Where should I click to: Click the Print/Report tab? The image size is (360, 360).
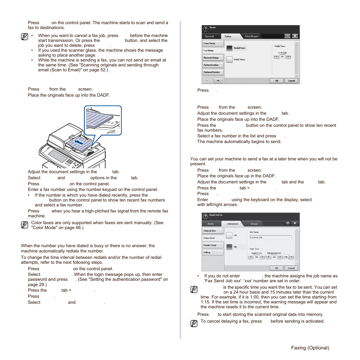252,36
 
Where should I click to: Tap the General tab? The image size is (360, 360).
209,36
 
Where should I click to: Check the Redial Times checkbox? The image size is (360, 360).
229,59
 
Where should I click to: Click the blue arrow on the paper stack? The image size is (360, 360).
78,142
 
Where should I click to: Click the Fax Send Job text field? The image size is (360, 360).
270,238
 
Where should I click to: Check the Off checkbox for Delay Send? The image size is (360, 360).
229,235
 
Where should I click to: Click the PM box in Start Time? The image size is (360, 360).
286,257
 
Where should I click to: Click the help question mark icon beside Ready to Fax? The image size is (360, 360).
206,216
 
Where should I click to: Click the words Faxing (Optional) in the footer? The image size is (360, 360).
310,348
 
